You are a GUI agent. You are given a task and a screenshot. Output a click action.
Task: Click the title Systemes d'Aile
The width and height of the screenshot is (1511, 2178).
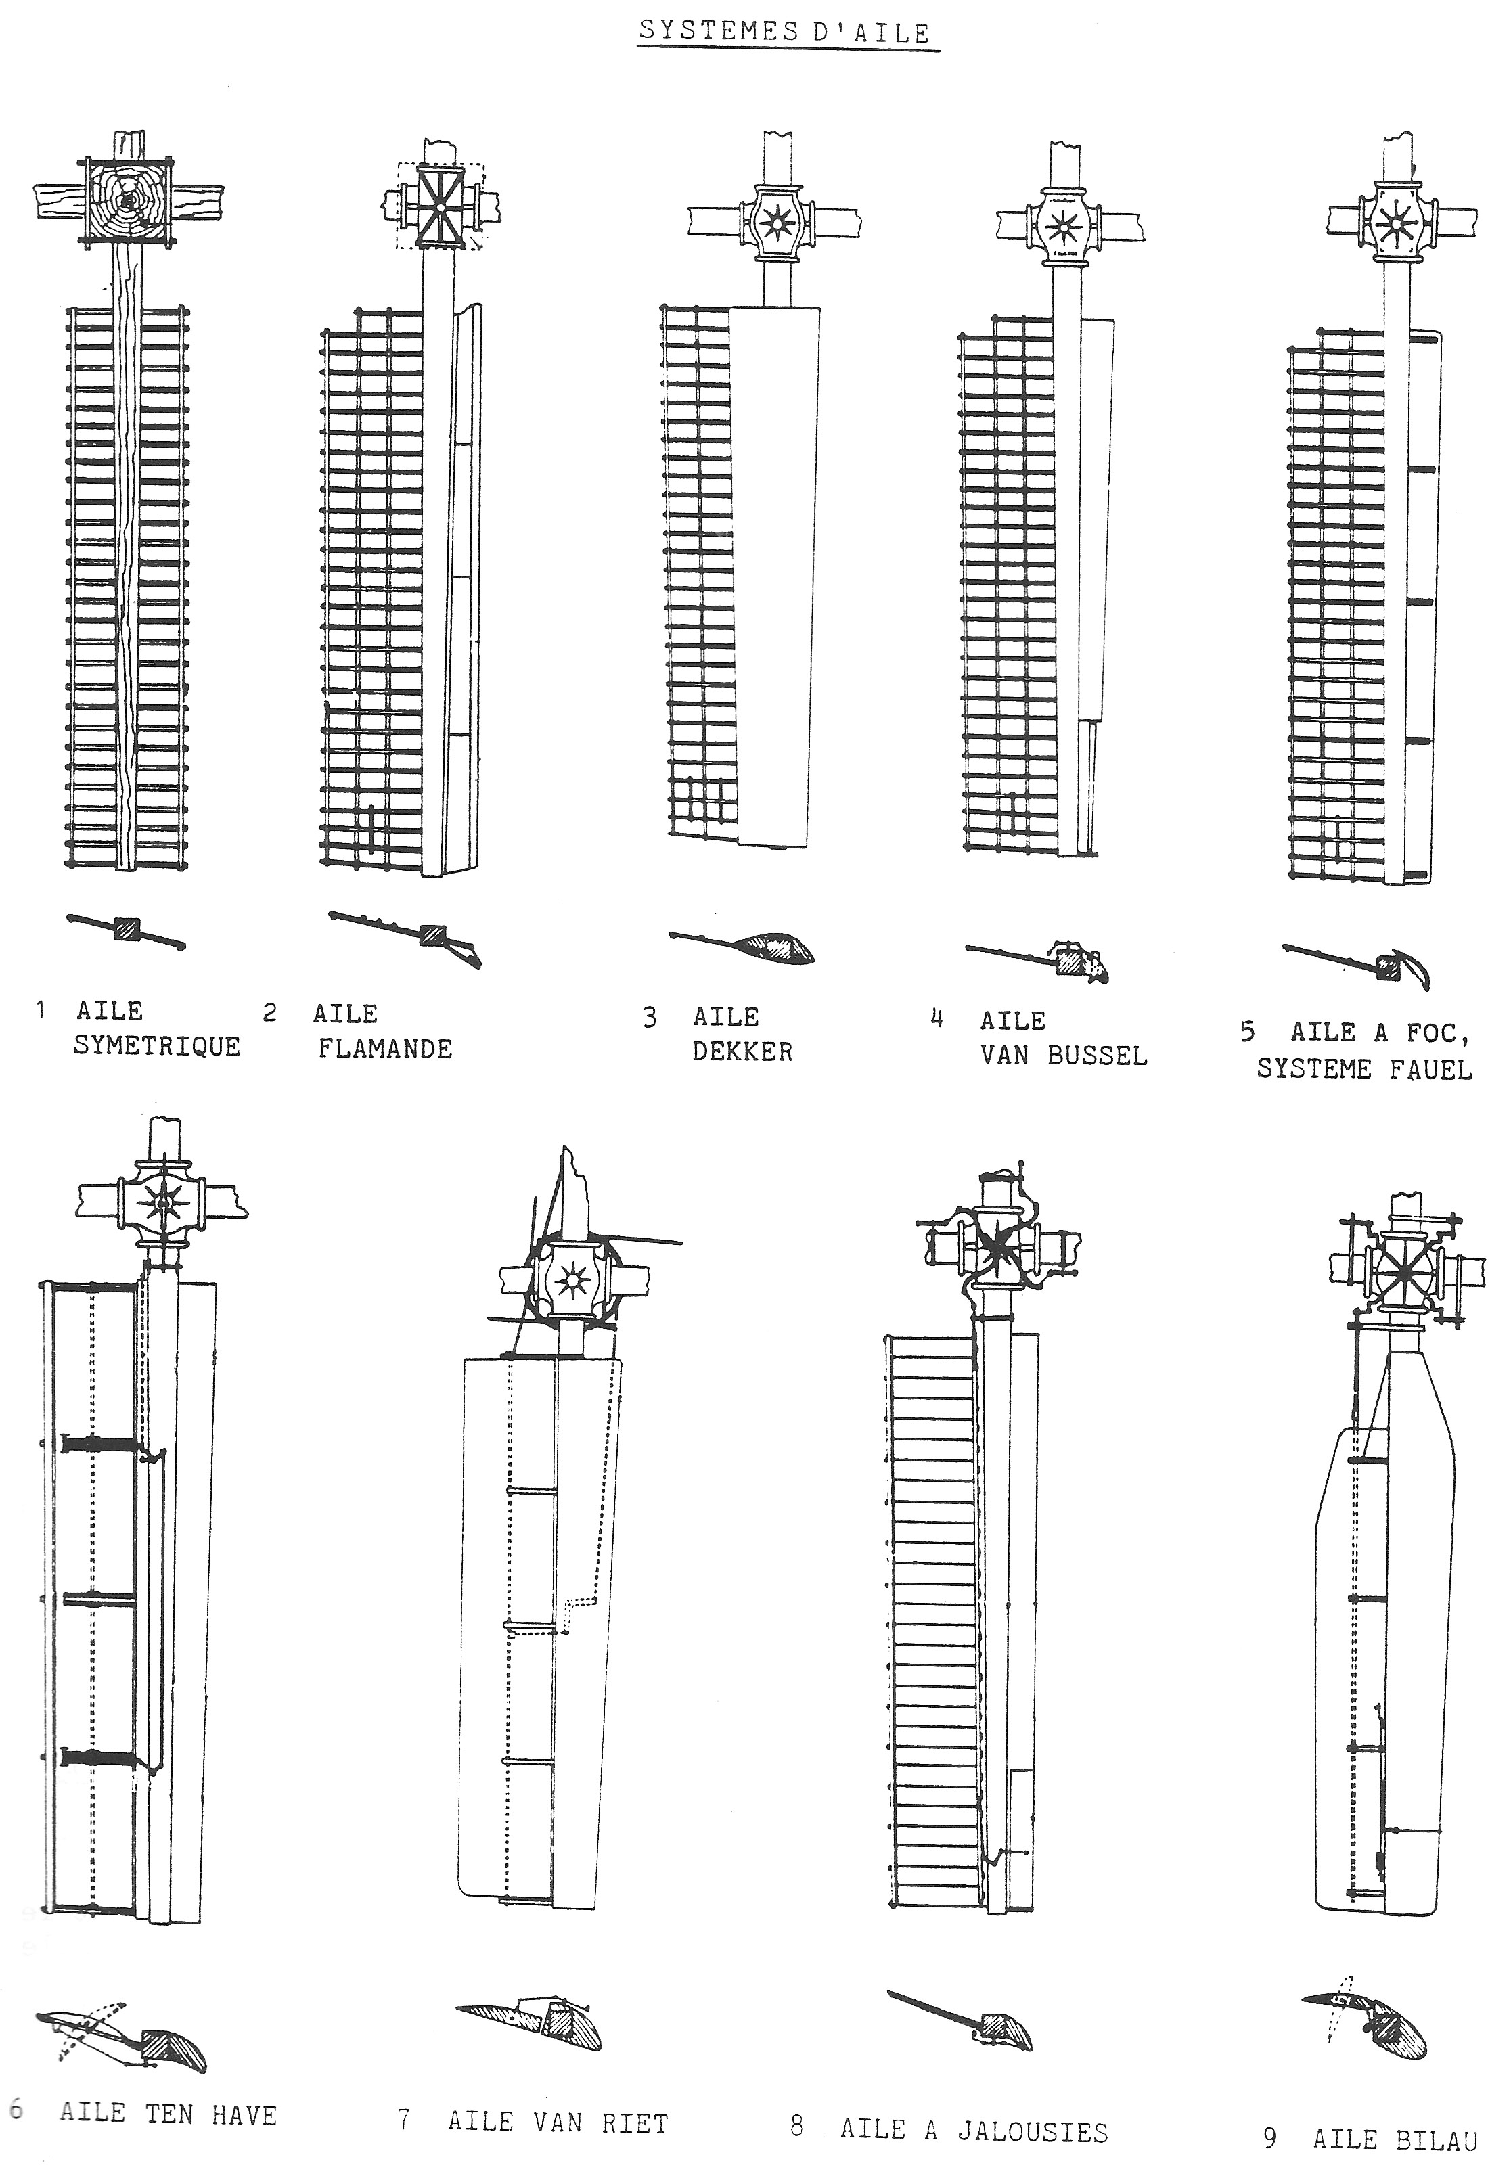coord(785,32)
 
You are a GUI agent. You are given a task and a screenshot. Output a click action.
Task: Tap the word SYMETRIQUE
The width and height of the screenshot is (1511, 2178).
coord(157,1046)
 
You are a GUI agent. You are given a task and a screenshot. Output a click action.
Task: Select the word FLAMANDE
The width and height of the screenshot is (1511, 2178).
coord(385,1049)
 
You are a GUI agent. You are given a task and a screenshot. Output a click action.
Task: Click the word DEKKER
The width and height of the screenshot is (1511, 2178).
coord(742,1051)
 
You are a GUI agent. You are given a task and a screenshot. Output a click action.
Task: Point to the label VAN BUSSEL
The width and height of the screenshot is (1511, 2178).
coord(1063,1056)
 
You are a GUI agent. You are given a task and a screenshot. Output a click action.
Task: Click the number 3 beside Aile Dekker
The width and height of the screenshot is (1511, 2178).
coord(650,1018)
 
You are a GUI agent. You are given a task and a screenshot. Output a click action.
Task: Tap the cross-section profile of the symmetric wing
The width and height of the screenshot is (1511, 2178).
coord(127,930)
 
